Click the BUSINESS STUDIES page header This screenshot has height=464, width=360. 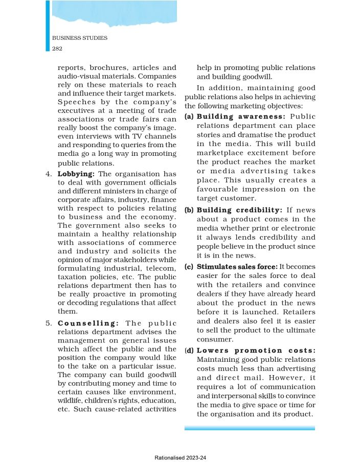(80, 38)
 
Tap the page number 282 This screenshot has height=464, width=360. (58, 48)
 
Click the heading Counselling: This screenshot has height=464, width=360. (88, 323)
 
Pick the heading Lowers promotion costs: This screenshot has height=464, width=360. (256, 351)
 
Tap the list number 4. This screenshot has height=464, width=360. (49, 174)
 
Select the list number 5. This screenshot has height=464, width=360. (49, 323)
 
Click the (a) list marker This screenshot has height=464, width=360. (189, 117)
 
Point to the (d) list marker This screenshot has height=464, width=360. (189, 351)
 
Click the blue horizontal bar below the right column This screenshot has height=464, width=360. (250, 428)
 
